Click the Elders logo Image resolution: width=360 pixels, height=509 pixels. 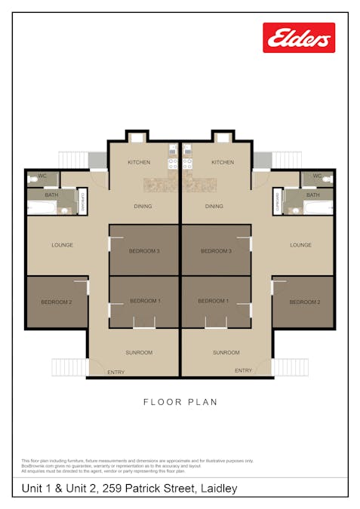click(298, 38)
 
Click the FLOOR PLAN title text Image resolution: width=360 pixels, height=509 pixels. click(180, 402)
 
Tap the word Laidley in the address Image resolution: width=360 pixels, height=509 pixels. click(218, 489)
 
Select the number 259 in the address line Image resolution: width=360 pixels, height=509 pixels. click(112, 489)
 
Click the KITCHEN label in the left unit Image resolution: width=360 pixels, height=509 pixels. click(139, 162)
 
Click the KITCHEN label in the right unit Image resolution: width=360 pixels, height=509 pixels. click(223, 162)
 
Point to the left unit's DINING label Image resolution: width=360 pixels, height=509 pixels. click(143, 206)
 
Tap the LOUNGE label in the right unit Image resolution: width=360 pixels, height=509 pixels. click(300, 245)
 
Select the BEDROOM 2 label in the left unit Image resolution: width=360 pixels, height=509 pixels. click(56, 302)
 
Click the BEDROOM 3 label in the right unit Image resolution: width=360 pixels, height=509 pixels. click(216, 250)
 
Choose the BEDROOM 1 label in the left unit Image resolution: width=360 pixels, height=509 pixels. click(145, 301)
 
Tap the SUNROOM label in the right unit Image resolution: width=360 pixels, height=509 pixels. click(226, 352)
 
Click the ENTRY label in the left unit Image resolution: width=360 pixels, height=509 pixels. click(116, 371)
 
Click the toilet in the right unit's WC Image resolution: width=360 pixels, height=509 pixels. click(326, 179)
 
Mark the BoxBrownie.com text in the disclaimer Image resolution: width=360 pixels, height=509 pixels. click(35, 465)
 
